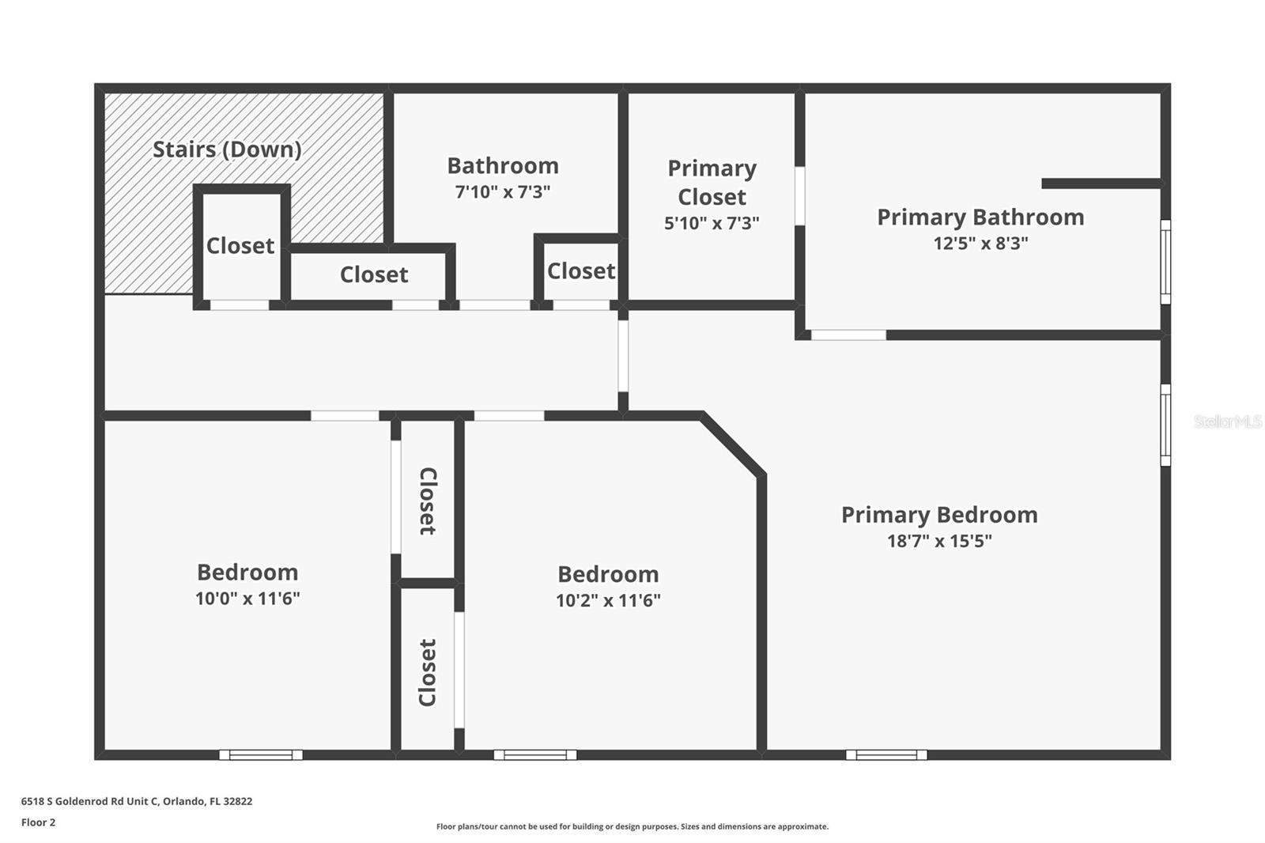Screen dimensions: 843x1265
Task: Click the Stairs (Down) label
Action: coord(227,149)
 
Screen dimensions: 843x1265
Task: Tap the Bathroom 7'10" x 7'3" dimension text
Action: coord(503,191)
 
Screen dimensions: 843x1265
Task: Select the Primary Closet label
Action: coord(712,183)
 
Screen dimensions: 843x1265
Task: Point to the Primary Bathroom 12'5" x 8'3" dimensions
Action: coord(980,243)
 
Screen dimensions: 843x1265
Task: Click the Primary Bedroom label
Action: coord(939,515)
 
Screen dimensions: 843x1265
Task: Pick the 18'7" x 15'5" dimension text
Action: coord(939,541)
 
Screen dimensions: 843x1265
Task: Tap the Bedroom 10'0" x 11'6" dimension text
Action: coord(247,599)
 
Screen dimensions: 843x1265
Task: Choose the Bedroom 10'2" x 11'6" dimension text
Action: coord(608,600)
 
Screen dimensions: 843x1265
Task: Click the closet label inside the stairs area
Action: coord(240,246)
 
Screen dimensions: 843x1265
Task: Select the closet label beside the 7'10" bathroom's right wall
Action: coord(581,271)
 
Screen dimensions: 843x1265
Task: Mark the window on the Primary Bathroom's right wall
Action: coord(1165,262)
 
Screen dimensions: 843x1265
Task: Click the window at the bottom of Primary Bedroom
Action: coord(886,755)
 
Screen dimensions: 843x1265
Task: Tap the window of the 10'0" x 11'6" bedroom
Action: coord(261,755)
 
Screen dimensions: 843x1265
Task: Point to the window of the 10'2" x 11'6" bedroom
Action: coord(535,755)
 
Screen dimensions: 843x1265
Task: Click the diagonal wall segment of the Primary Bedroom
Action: coord(733,444)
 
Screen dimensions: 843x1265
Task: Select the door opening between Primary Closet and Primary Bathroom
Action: coord(800,195)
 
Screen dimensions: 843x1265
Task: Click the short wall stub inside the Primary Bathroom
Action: coord(1101,183)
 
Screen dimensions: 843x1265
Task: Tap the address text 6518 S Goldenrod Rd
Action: coord(137,801)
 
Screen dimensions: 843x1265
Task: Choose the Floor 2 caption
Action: coord(38,822)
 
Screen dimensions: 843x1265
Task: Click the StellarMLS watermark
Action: coord(1227,421)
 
